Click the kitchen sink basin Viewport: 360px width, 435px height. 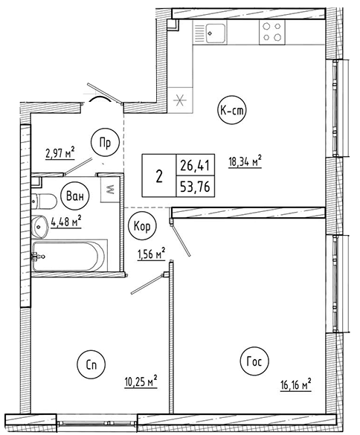click(216, 33)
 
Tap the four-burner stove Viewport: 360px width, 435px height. click(272, 32)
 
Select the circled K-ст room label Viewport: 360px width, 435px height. click(232, 111)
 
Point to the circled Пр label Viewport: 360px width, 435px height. click(105, 143)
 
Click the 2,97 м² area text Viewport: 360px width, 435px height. click(60, 153)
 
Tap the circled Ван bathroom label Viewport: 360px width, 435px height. click(75, 196)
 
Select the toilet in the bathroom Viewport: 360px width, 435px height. click(44, 201)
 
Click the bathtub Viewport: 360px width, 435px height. click(69, 256)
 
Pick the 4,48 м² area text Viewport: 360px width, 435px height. click(66, 222)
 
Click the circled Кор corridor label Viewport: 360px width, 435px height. click(142, 226)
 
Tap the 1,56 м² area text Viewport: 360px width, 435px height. click(152, 254)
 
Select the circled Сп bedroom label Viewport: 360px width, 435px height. click(92, 365)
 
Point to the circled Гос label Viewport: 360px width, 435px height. click(254, 361)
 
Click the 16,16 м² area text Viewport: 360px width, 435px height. click(295, 384)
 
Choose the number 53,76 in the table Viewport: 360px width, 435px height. click(195, 187)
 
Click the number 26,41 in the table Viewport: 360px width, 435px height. click(195, 166)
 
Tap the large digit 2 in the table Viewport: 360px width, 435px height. click(159, 176)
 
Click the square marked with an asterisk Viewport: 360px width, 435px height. click(180, 100)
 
